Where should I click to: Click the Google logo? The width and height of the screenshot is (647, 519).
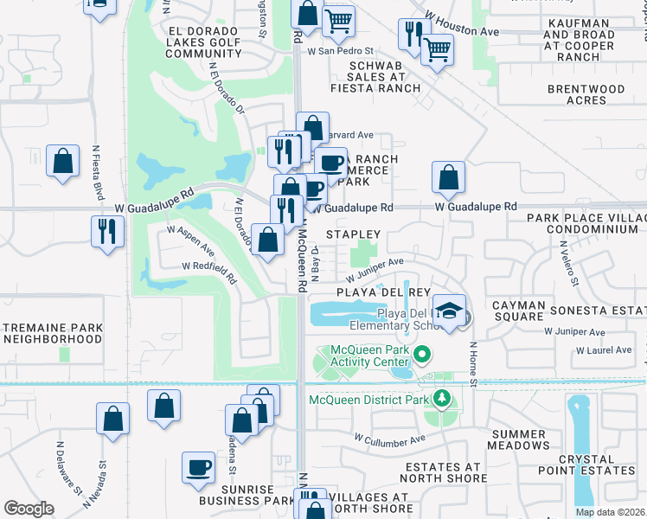tap(29, 509)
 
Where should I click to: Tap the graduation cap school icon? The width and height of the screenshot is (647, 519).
tap(449, 311)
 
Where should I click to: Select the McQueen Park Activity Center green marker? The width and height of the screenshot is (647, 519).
tap(422, 354)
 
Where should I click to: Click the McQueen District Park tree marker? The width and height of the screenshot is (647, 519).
tap(442, 399)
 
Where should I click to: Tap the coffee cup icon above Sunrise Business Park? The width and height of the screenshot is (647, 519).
tap(198, 467)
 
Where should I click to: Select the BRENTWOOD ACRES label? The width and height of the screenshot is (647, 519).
tap(575, 94)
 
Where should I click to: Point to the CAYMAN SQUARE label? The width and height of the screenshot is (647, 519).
tap(519, 311)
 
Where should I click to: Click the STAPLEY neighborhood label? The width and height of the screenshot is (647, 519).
tap(353, 234)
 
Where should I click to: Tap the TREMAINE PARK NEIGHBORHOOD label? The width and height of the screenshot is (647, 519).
tap(53, 334)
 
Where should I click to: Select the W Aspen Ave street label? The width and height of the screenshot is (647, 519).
tap(190, 239)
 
